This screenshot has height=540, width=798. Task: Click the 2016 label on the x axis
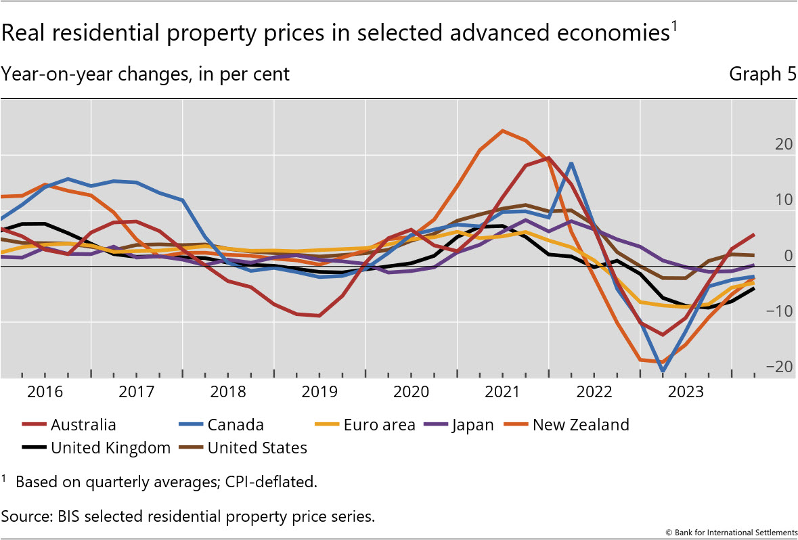(45, 392)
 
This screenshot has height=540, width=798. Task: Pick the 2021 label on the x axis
(502, 392)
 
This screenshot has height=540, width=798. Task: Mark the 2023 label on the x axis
(685, 392)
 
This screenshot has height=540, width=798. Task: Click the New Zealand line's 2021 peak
(502, 131)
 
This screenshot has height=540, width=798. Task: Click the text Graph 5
(762, 74)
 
